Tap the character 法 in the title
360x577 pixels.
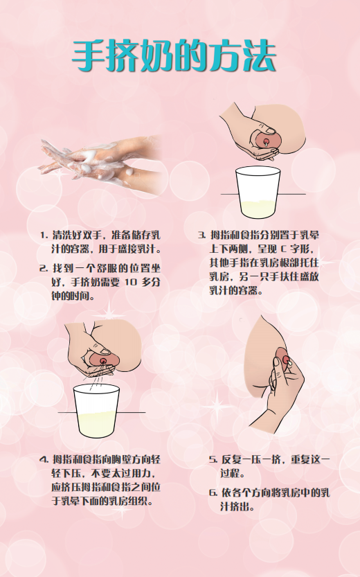[260, 55]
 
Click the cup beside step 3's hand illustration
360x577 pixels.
[258, 192]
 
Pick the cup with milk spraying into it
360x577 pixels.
[96, 411]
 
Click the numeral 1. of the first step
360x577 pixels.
[44, 235]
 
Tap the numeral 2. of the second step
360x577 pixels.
[44, 268]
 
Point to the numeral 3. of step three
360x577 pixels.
[202, 235]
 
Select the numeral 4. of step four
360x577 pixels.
[44, 460]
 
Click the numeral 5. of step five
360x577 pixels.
[213, 460]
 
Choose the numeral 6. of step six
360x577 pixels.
[213, 492]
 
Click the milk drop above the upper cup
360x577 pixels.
[264, 144]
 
